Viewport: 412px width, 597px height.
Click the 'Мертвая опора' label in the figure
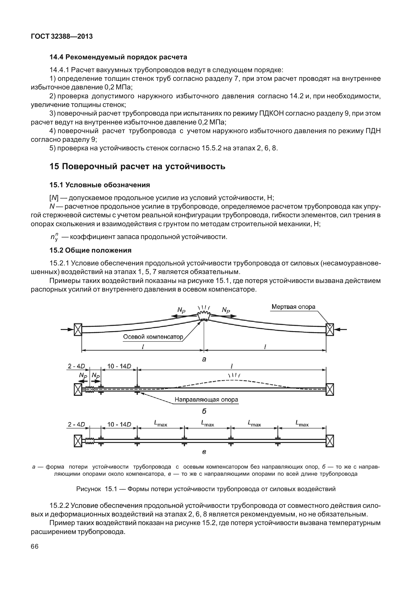click(293, 306)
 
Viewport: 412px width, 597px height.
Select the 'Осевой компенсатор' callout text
click(153, 337)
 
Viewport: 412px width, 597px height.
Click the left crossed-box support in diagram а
click(78, 329)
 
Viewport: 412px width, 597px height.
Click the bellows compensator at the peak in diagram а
click(204, 316)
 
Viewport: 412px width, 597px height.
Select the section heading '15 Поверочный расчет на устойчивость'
click(137, 166)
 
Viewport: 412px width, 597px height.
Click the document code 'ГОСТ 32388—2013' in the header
click(62, 37)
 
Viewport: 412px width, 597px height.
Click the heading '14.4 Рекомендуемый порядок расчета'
click(118, 57)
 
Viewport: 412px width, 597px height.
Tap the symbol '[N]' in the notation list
click(54, 198)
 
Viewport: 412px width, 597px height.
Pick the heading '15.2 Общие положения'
click(90, 250)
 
